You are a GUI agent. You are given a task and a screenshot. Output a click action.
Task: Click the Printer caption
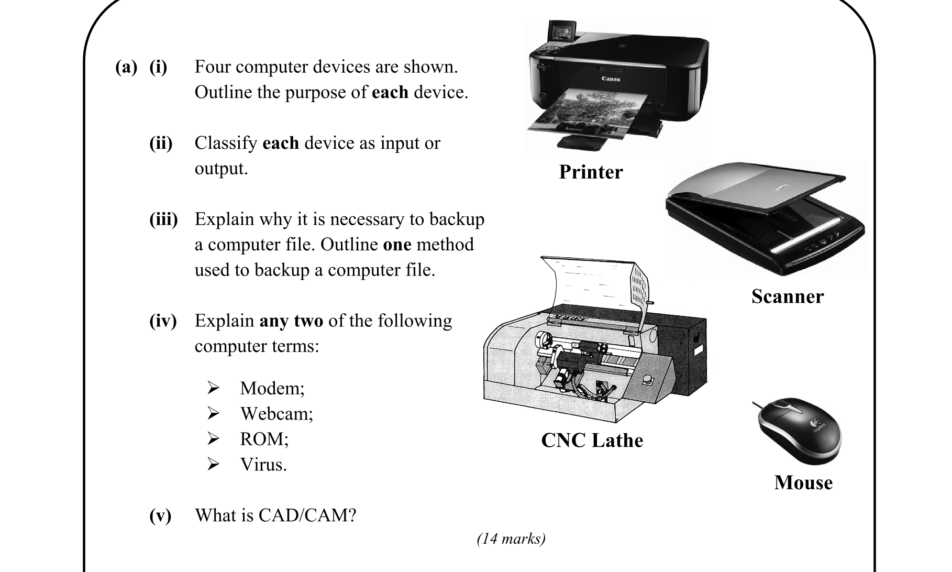[591, 172]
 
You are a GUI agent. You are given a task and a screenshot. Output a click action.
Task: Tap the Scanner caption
[787, 296]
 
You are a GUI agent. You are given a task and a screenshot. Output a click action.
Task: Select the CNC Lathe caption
[592, 440]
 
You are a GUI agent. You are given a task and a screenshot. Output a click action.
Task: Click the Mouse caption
[803, 482]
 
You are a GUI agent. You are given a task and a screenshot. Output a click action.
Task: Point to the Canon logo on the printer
[611, 79]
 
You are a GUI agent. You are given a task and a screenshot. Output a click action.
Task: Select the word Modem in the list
[272, 388]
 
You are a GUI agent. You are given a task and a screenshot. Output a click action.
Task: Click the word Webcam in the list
[276, 414]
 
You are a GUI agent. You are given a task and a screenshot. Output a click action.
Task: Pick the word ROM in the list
[263, 439]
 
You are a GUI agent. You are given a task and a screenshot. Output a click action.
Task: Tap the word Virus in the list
[263, 465]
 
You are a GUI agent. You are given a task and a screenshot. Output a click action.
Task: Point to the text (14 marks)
[511, 538]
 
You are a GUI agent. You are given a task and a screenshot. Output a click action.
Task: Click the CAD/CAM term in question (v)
[307, 515]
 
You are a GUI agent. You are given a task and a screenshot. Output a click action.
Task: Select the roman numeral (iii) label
[163, 219]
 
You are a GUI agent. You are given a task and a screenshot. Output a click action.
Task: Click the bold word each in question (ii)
[280, 143]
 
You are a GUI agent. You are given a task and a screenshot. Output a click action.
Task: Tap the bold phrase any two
[291, 321]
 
